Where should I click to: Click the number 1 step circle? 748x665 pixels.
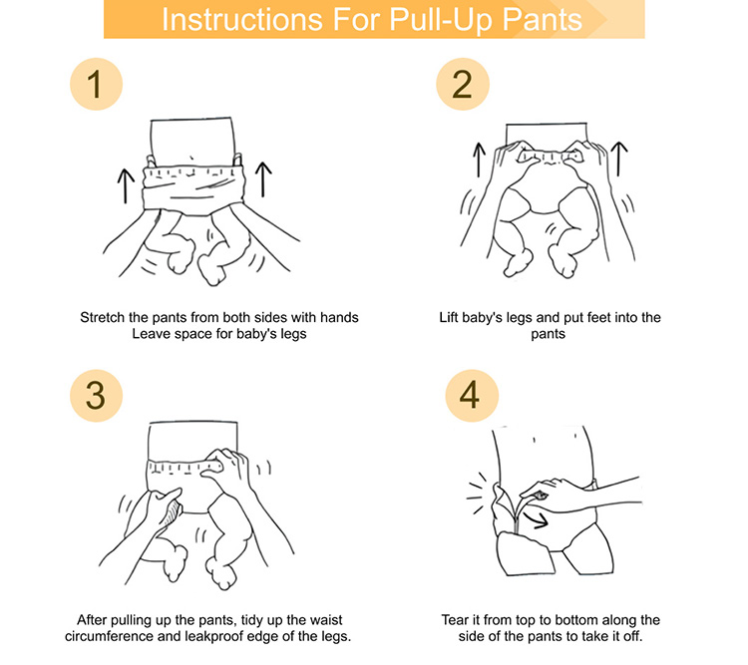click(96, 85)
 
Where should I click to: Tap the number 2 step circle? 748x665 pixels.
click(462, 85)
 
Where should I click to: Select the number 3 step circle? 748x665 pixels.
click(96, 396)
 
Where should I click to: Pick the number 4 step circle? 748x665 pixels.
click(472, 396)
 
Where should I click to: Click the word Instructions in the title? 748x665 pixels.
click(243, 20)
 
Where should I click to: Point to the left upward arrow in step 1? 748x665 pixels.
click(126, 186)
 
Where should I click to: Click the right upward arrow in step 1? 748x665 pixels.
click(263, 179)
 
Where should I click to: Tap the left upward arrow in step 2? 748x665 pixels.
click(479, 160)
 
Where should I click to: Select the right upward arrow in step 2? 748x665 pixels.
click(619, 159)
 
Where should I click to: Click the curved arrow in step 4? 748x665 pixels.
click(536, 520)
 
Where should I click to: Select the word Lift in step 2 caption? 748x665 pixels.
click(448, 318)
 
